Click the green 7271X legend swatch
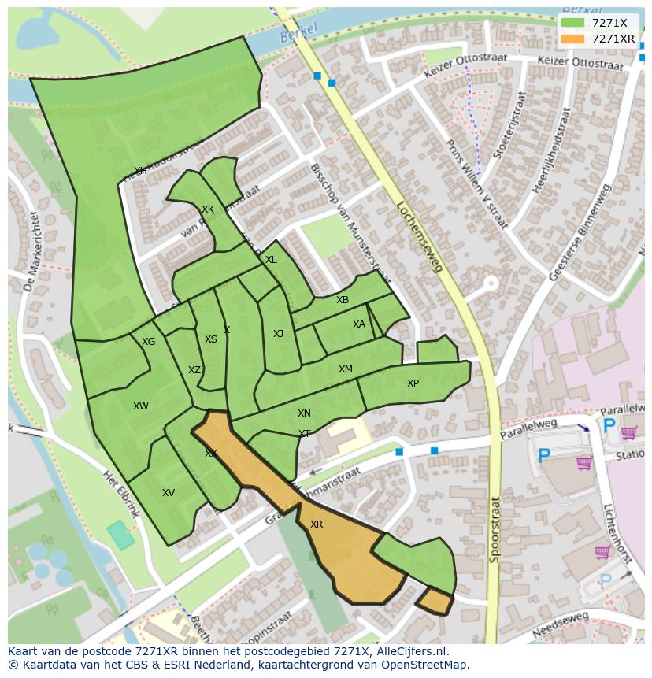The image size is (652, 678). pyautogui.click(x=572, y=23)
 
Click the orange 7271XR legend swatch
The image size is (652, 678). pyautogui.click(x=572, y=39)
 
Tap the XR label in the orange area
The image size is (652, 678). pyautogui.click(x=317, y=524)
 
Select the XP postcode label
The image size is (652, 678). pyautogui.click(x=413, y=383)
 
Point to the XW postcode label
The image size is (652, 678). pyautogui.click(x=140, y=406)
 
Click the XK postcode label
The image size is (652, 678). pyautogui.click(x=207, y=209)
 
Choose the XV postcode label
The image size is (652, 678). pyautogui.click(x=168, y=493)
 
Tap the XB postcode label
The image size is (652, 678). pyautogui.click(x=343, y=300)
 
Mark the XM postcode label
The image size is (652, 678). pyautogui.click(x=345, y=369)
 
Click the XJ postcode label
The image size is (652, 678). pyautogui.click(x=278, y=334)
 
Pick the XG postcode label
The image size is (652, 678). pyautogui.click(x=148, y=342)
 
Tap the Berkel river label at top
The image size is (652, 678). pyautogui.click(x=298, y=32)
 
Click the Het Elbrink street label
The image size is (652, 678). pyautogui.click(x=121, y=494)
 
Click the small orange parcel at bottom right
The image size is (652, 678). pyautogui.click(x=433, y=601)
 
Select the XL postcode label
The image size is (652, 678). pyautogui.click(x=271, y=260)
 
